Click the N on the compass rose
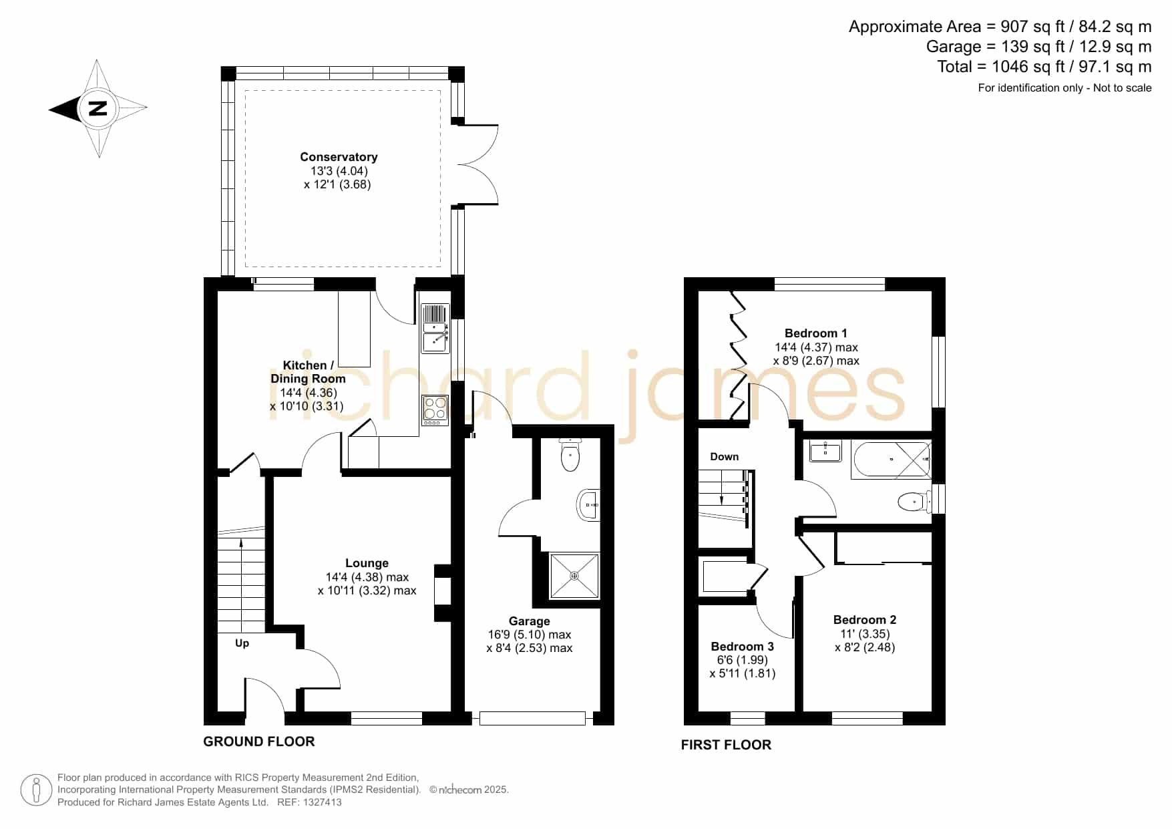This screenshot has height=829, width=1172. pos(98,108)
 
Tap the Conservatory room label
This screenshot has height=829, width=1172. pos(339,157)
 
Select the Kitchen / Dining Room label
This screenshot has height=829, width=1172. pos(308,372)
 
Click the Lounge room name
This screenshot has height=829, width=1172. pos(367,563)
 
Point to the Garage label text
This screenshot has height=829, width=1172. pos(530,621)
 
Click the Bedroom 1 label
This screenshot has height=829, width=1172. pos(816,333)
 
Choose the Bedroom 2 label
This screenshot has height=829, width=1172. pos(865,620)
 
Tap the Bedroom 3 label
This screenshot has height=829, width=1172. pos(743,647)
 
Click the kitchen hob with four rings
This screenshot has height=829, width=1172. pos(435,410)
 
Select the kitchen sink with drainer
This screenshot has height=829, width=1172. pos(435,329)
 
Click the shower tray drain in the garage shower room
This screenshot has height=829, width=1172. pos(574,575)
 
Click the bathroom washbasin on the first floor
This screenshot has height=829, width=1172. pos(826,451)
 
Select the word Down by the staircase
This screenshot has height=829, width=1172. pos(725,457)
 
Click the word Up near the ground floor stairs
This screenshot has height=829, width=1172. pos(242,643)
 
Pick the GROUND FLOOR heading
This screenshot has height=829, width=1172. pos(259,741)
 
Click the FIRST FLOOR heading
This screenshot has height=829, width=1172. pos(726,745)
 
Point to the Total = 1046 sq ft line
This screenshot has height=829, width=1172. pos(1044,67)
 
